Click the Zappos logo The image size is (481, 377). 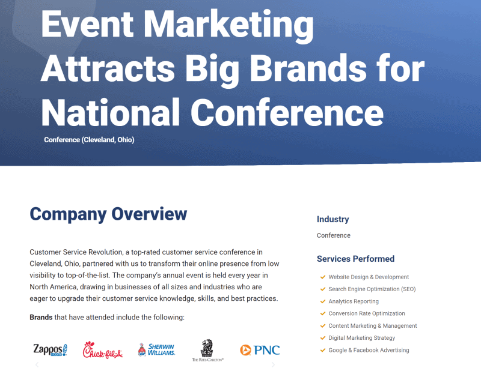pos(51,350)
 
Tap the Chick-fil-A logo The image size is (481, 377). pos(102,350)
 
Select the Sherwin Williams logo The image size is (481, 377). pos(156,349)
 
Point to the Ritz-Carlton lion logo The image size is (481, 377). pos(207,351)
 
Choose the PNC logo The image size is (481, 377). pos(260,350)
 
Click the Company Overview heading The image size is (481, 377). pos(108,214)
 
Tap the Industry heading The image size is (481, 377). pos(333,219)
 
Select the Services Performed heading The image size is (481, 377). pos(355,259)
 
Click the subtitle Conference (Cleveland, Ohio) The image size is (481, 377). pos(89,140)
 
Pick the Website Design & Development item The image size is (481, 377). pos(369,277)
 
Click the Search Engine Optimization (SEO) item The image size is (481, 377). pos(372,289)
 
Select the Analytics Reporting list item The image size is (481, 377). pos(354,301)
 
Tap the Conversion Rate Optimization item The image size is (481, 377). pos(367,313)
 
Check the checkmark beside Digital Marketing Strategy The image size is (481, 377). pos(323,338)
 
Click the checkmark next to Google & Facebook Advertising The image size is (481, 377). pos(323,350)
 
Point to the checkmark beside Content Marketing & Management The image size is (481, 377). pos(323,325)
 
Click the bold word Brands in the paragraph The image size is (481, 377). pos(41,318)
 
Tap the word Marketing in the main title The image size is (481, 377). pos(228,25)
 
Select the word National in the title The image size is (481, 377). pos(111,112)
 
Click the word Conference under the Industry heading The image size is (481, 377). pos(334,235)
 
